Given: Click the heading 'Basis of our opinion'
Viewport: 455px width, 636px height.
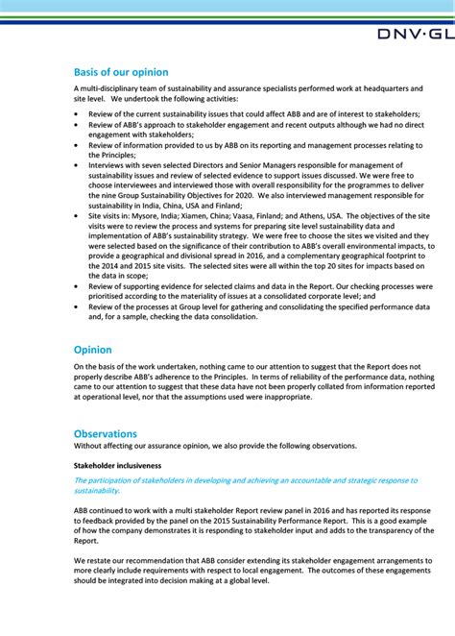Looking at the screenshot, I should (121, 72).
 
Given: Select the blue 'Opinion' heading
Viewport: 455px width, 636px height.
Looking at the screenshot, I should (93, 350).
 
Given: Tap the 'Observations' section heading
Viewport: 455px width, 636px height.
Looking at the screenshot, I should (106, 433).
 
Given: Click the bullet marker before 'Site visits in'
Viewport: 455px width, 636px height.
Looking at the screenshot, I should (78, 216).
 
